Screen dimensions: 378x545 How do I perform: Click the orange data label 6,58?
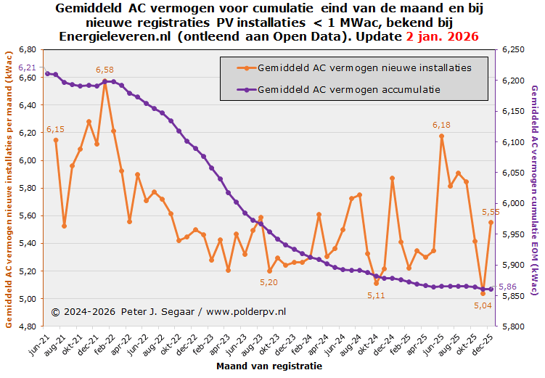(105, 70)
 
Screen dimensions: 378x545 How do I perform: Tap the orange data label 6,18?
(441, 125)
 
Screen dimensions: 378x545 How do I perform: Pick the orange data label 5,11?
(376, 295)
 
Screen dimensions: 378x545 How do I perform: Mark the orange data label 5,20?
(269, 282)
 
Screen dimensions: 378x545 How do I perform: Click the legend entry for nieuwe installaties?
(364, 67)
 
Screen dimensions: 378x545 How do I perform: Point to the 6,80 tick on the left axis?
(28, 49)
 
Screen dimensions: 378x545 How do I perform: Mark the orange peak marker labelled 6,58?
(105, 81)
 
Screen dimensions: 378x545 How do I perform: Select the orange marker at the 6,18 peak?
(441, 136)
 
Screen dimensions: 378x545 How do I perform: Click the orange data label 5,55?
(491, 212)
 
